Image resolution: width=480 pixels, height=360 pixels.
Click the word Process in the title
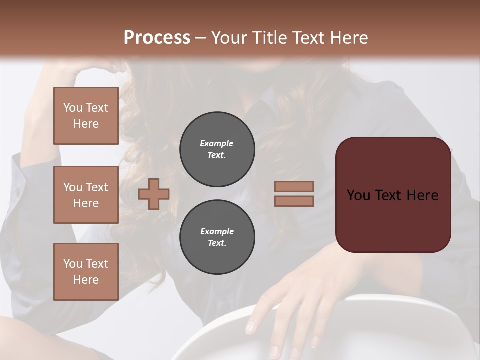pyautogui.click(x=157, y=37)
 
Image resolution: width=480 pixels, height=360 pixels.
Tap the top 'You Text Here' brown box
pyautogui.click(x=86, y=116)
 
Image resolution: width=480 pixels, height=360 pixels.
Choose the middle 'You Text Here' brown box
pyautogui.click(x=86, y=195)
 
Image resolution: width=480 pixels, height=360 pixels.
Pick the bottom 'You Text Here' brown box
pyautogui.click(x=86, y=271)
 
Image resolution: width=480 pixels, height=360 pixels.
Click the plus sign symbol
pyautogui.click(x=154, y=194)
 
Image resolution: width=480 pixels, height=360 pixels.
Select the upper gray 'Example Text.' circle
pyautogui.click(x=217, y=149)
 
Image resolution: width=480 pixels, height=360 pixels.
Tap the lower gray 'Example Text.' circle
pyautogui.click(x=217, y=237)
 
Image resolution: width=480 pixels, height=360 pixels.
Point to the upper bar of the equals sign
pyautogui.click(x=294, y=186)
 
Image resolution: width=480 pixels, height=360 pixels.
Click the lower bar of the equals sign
pyautogui.click(x=294, y=201)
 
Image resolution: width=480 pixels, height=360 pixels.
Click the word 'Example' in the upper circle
pyautogui.click(x=217, y=143)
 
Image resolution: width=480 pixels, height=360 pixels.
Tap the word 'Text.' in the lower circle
pyautogui.click(x=217, y=243)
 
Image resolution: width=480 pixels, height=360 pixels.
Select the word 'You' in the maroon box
pyautogui.click(x=358, y=195)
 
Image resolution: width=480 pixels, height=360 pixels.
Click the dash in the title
pyautogui.click(x=201, y=38)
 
